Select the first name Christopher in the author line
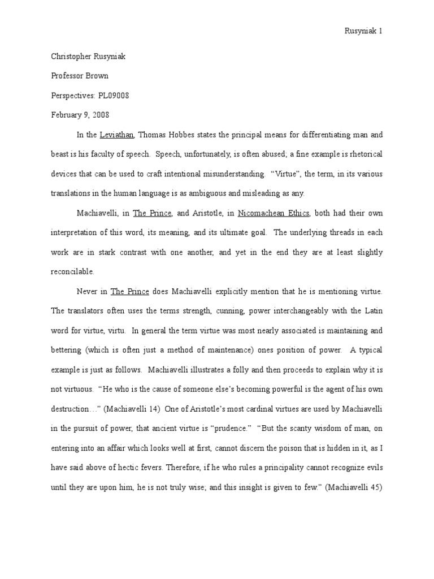tap(70, 56)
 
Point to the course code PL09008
tap(111, 96)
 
